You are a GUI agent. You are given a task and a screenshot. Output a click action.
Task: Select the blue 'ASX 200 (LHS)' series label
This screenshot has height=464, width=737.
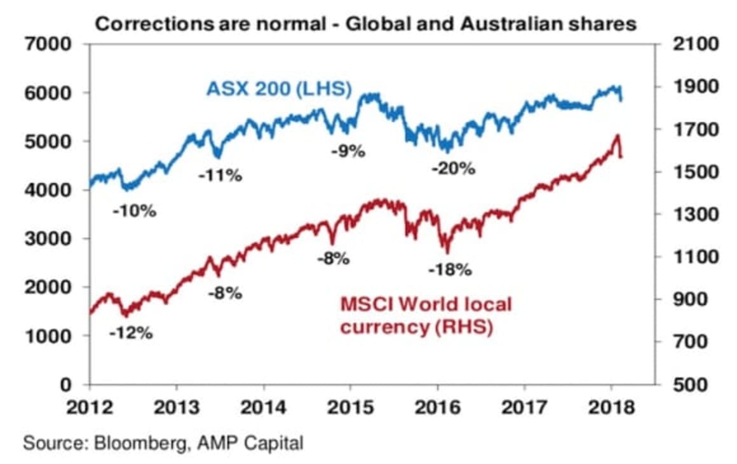coord(279,88)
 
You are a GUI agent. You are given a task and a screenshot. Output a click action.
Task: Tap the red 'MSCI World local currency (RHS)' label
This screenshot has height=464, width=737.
coord(425,316)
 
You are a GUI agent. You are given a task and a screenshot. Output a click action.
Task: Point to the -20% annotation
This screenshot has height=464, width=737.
coord(453,169)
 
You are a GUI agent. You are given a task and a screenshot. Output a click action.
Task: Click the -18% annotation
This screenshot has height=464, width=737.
coord(450,270)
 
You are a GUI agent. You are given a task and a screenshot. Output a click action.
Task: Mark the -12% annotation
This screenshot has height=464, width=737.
coord(132,332)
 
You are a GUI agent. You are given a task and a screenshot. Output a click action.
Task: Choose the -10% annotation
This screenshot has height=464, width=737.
coord(134,211)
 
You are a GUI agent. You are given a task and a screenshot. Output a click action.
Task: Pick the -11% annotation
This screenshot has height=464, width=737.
coord(220,176)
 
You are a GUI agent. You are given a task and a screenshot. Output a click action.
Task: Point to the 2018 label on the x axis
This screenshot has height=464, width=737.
coord(611,407)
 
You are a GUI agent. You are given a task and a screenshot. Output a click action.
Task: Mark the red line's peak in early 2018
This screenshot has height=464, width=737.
coord(616,135)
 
